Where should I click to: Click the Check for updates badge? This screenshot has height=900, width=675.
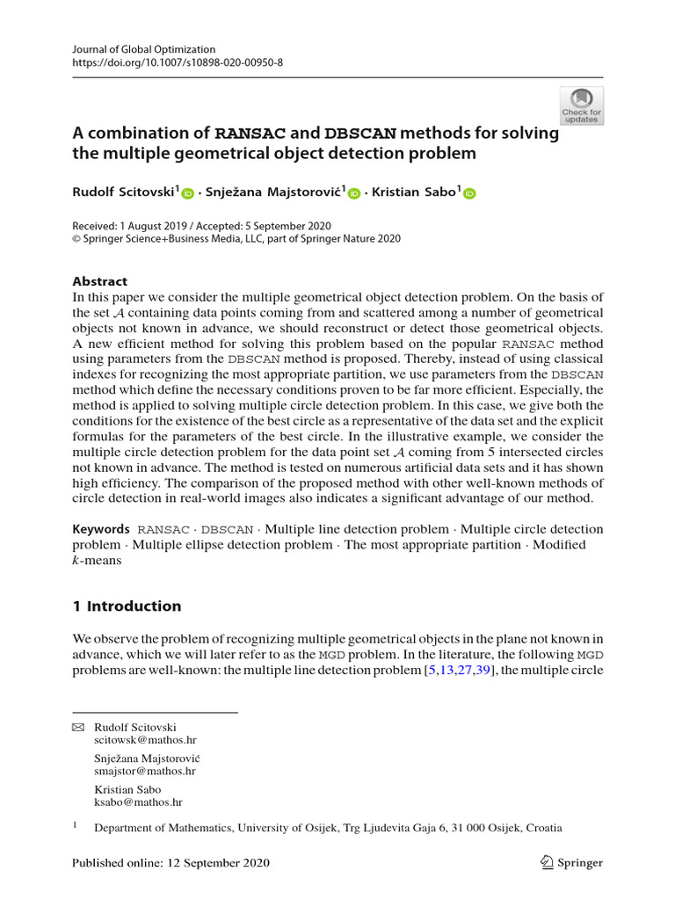(581, 105)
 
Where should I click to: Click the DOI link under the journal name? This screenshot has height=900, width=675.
(178, 63)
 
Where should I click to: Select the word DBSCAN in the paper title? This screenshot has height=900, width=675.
(360, 134)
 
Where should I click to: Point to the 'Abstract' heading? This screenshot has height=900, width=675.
(99, 282)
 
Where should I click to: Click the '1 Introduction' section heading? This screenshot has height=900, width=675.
(127, 606)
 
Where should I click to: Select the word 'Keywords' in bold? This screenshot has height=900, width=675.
(100, 529)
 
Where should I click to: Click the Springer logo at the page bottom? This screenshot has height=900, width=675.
(572, 862)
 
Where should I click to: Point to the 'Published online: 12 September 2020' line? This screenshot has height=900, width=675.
(171, 862)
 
